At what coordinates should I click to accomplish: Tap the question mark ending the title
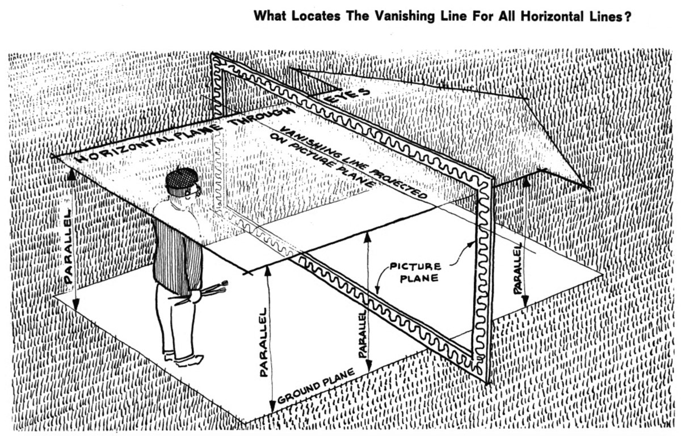[x=628, y=16]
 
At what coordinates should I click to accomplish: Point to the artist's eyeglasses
[x=197, y=191]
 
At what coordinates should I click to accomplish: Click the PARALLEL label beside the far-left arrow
[x=68, y=245]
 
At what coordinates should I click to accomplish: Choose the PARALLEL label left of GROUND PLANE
[x=263, y=342]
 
